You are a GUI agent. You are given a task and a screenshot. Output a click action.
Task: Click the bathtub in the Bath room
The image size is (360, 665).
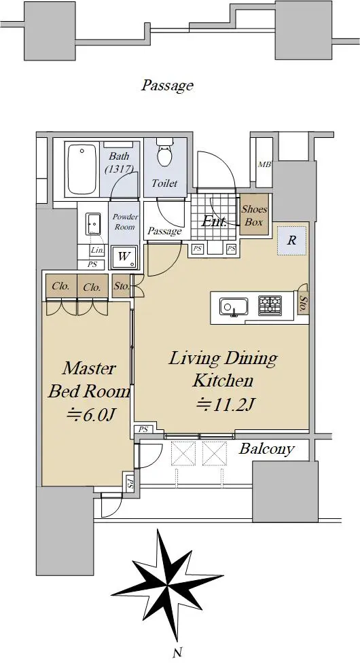point(82,168)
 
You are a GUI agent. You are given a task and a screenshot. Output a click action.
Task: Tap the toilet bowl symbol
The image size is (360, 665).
point(164,153)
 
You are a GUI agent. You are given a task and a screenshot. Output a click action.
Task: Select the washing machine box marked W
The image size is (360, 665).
point(124,257)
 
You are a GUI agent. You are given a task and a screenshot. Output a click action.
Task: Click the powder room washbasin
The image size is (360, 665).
point(93,223)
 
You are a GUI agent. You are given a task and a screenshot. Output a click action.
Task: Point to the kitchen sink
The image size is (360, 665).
point(234,306)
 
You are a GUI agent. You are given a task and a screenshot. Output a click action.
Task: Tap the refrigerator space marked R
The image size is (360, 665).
point(291,240)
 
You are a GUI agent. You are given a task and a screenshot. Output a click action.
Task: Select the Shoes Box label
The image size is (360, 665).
point(254,215)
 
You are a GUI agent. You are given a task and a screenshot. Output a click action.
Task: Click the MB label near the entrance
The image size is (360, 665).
point(265,164)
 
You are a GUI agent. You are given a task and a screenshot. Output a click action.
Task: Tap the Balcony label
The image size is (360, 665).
point(266,449)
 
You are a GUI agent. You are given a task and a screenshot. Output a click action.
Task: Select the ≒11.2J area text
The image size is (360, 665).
point(224,406)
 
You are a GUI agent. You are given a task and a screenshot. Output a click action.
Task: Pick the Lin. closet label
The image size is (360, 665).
point(97,250)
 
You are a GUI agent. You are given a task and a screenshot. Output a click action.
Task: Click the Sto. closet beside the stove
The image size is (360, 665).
point(303,304)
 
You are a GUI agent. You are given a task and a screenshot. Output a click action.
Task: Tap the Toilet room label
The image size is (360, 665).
point(164,183)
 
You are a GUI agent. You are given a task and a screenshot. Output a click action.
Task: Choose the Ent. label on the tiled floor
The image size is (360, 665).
point(214,221)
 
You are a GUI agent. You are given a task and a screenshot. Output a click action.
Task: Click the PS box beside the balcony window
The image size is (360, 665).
point(143,429)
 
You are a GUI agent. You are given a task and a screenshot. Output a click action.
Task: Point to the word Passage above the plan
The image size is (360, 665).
point(168,86)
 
